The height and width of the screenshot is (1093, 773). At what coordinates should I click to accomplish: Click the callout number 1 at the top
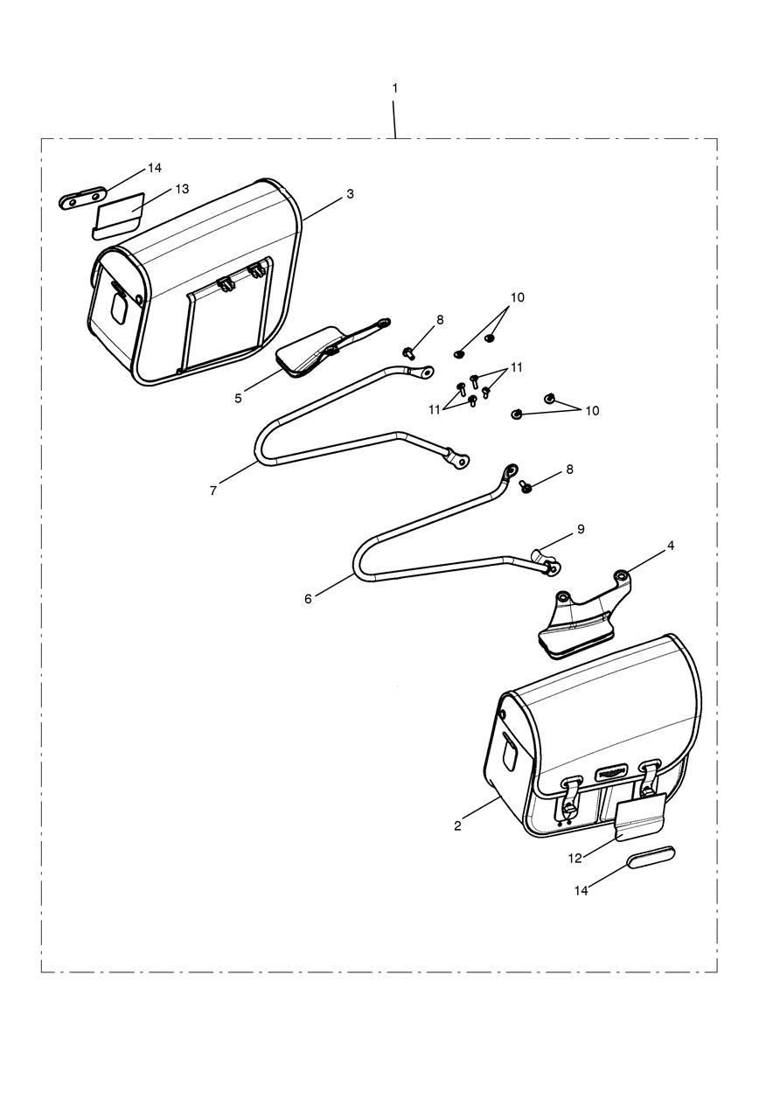(395, 88)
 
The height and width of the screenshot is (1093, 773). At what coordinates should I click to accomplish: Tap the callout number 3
(350, 193)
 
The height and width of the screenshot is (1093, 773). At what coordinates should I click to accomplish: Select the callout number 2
(457, 825)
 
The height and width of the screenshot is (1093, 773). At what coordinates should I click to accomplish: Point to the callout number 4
(671, 546)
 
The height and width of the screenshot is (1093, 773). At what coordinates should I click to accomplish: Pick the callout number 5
(238, 398)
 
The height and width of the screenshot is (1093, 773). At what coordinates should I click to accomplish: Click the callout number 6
(308, 599)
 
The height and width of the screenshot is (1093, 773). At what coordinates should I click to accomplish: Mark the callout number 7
(213, 491)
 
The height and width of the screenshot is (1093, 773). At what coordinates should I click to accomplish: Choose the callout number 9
(580, 529)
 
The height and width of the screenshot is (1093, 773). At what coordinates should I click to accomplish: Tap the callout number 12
(575, 858)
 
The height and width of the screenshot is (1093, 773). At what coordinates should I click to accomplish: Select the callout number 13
(182, 189)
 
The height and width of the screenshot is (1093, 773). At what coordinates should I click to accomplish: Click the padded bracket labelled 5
(306, 352)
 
